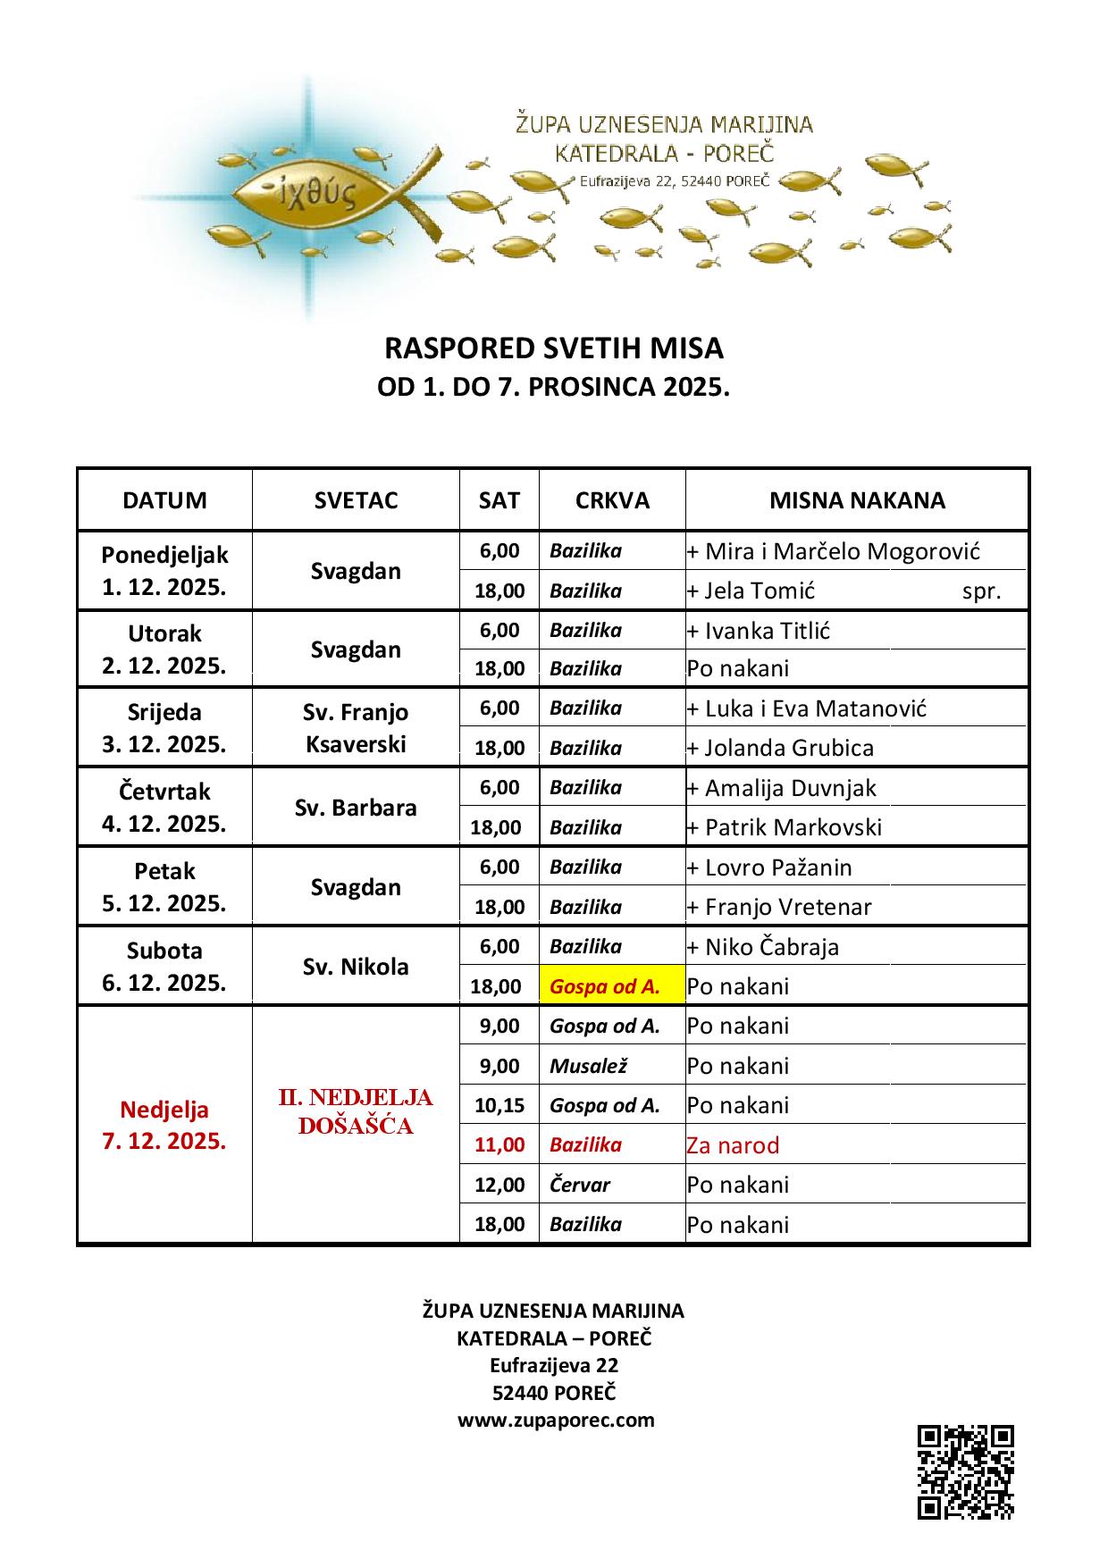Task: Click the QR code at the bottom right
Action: (965, 1472)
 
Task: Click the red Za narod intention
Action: (733, 1145)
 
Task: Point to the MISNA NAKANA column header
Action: (857, 500)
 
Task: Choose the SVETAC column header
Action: (356, 500)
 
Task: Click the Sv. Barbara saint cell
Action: (356, 808)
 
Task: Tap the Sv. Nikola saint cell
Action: (356, 967)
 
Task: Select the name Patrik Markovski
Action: (793, 827)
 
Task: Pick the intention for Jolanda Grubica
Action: (788, 748)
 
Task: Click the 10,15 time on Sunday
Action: (499, 1105)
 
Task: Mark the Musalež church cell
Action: (589, 1066)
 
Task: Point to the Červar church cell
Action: (580, 1186)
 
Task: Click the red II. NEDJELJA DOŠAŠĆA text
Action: (356, 1111)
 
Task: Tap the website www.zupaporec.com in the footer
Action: (556, 1420)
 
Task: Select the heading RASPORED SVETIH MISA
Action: (553, 348)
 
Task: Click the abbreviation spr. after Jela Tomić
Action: (981, 591)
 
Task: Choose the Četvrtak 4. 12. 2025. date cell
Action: (164, 808)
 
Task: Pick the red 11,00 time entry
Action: (499, 1145)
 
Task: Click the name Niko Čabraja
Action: (771, 947)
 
